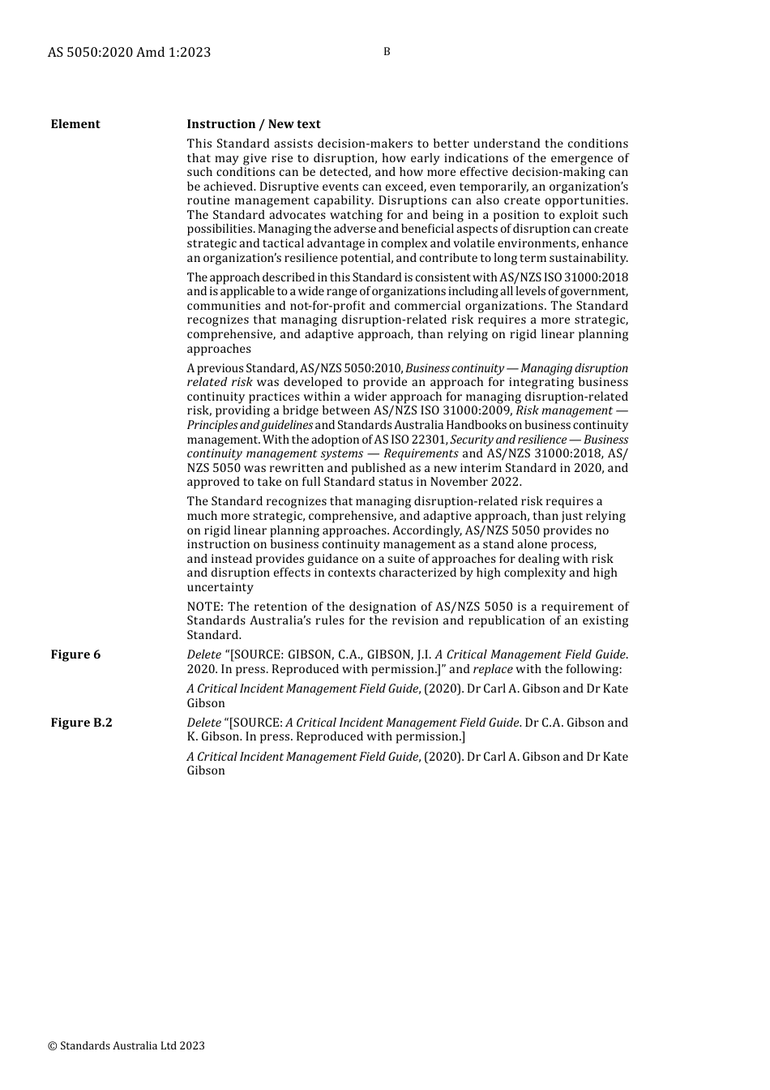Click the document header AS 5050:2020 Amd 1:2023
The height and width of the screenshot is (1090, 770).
pyautogui.click(x=129, y=52)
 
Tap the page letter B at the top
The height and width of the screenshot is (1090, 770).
pyautogui.click(x=387, y=51)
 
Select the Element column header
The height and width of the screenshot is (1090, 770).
pyautogui.click(x=75, y=124)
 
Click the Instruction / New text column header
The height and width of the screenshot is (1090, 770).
pyautogui.click(x=254, y=124)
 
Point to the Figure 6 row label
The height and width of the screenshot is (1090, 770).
pyautogui.click(x=75, y=654)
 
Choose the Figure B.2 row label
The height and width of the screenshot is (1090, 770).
pyautogui.click(x=81, y=723)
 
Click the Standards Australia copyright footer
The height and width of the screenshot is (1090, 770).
pyautogui.click(x=126, y=1045)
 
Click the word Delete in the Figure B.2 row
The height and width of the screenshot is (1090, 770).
pyautogui.click(x=203, y=723)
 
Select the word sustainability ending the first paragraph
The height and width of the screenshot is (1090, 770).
pyautogui.click(x=589, y=258)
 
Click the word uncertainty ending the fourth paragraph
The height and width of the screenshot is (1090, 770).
pyautogui.click(x=220, y=587)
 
